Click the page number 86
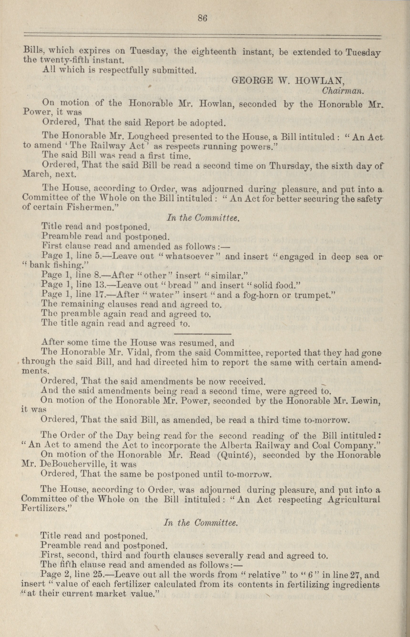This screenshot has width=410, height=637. tap(202, 18)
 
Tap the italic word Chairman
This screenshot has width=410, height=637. tap(342, 91)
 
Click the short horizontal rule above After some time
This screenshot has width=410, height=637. tap(203, 334)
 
